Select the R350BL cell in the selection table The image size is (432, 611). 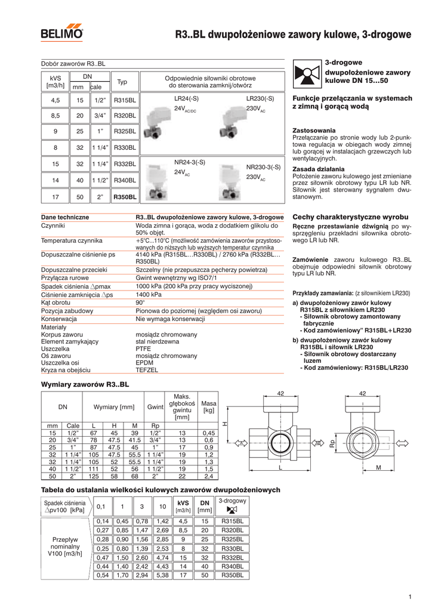tap(125, 196)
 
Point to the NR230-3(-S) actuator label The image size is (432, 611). tap(263, 168)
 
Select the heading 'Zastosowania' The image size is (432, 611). tap(314, 130)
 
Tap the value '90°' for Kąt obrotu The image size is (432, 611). tap(141, 303)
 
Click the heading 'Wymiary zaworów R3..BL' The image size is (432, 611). tap(84, 384)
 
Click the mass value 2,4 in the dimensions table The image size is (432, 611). tap(208, 477)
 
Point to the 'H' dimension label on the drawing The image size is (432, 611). tap(225, 424)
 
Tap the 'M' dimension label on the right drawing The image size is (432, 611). tap(378, 469)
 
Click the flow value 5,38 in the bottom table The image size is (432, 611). tap(162, 575)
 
